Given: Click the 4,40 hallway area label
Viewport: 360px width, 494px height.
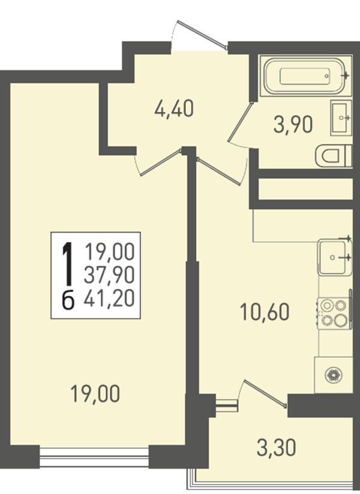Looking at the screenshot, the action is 173,110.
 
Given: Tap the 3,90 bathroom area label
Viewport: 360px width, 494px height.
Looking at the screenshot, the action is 293,125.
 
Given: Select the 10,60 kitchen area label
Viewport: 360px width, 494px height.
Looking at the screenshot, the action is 265,312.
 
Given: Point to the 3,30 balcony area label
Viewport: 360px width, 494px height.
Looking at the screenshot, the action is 277,448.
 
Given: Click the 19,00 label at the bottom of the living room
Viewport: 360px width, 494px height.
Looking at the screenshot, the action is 95,394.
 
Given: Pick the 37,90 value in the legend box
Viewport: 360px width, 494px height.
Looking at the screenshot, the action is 109,275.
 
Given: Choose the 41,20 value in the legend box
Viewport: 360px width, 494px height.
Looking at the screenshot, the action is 109,298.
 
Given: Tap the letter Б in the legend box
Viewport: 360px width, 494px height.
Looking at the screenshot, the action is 68,299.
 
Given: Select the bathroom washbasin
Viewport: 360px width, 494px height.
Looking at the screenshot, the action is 341,118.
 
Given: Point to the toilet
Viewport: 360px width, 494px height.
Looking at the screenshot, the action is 333,155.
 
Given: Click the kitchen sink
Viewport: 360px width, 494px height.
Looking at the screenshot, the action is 334,257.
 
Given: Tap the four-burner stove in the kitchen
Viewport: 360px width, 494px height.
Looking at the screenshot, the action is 334,314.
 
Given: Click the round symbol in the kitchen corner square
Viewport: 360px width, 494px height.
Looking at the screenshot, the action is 334,375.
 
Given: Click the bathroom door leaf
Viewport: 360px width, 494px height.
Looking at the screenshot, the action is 241,121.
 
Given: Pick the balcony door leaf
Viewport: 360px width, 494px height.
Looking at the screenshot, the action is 264,393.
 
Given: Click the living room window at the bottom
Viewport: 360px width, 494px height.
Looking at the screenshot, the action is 94,456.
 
